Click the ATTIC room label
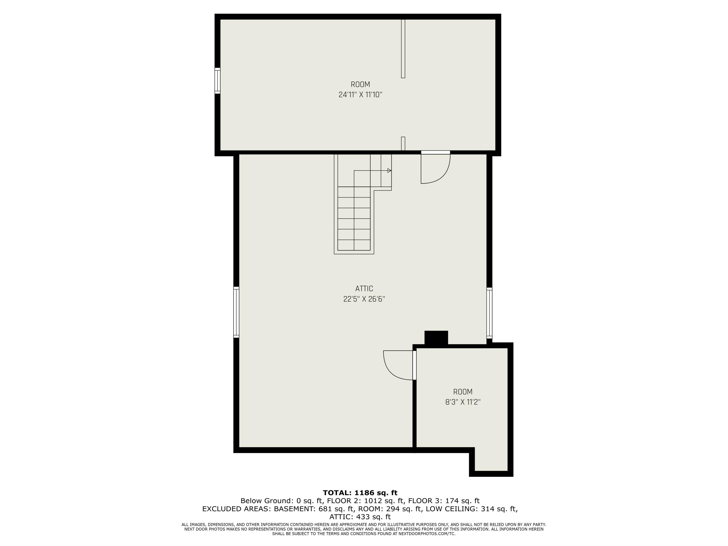tap(364, 289)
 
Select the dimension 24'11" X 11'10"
tap(360, 95)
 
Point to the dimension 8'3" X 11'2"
tap(463, 402)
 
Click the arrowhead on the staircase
tap(389, 171)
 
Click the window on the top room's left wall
tap(217, 81)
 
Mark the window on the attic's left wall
tap(236, 312)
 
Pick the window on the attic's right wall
tap(489, 313)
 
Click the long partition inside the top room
tap(403, 49)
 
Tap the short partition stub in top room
tap(403, 143)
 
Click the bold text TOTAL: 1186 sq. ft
tap(360, 493)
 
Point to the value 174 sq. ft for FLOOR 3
tap(463, 501)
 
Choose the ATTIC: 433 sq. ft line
tap(360, 517)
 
